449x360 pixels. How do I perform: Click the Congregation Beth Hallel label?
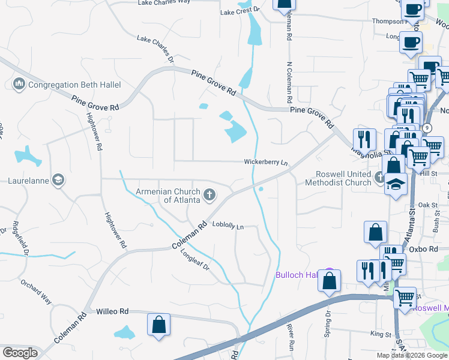tap(74, 85)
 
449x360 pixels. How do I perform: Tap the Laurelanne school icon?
tap(58, 179)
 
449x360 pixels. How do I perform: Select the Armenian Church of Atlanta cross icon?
tap(209, 194)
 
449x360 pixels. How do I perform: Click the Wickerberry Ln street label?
tap(266, 162)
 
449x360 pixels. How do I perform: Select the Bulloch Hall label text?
tap(296, 275)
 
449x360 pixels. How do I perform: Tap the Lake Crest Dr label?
tap(240, 11)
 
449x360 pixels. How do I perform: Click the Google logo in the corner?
tap(20, 353)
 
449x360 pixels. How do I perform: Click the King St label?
tap(380, 334)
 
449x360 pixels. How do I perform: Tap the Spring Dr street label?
tap(328, 325)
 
